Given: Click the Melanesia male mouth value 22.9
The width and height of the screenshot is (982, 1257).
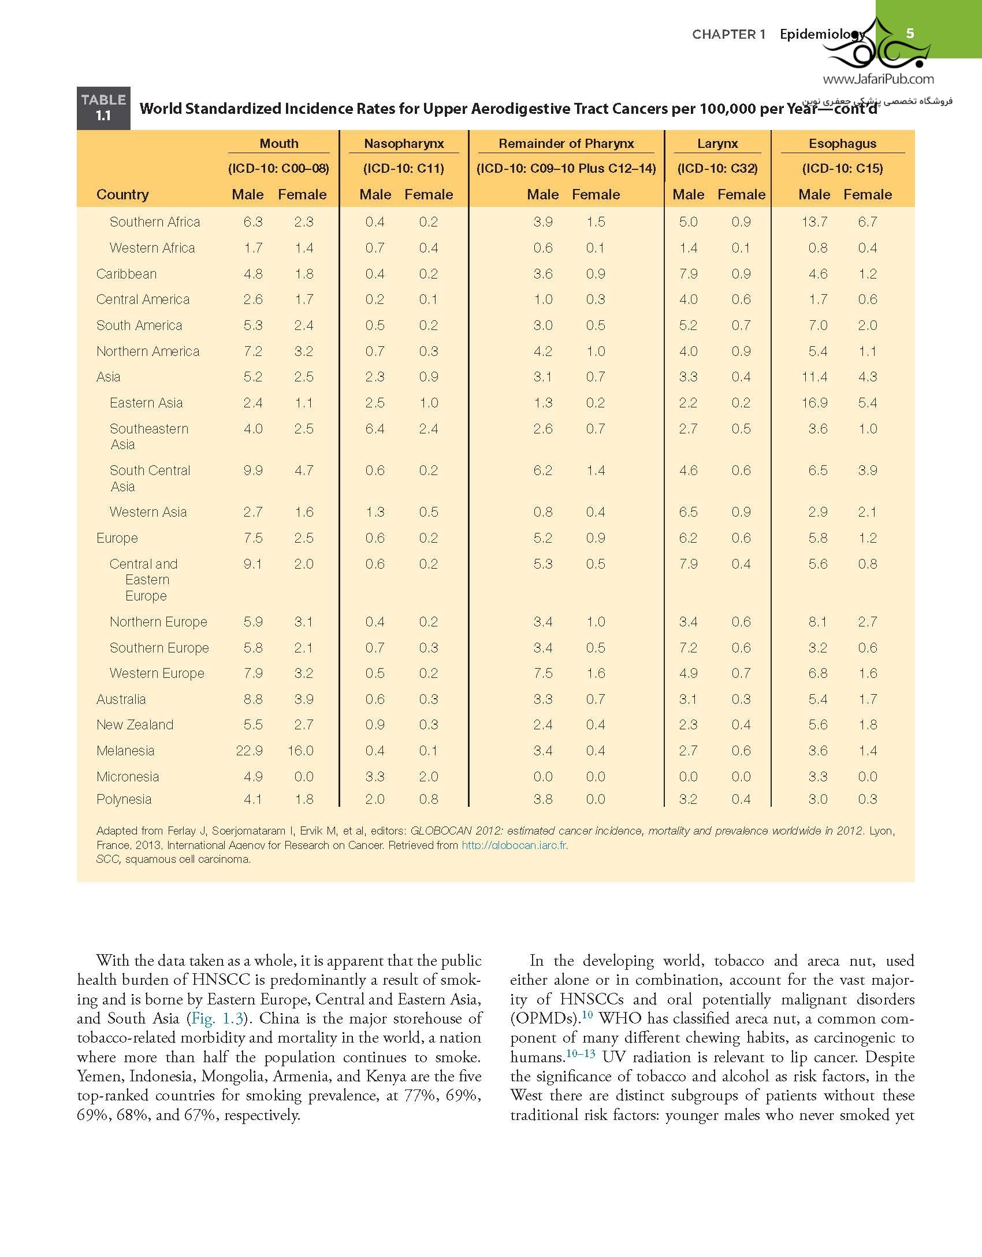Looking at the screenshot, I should pyautogui.click(x=249, y=751).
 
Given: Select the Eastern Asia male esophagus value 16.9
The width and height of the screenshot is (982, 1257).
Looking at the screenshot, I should pyautogui.click(x=814, y=403).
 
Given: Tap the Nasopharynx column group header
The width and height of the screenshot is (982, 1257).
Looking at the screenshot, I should pyautogui.click(x=404, y=143).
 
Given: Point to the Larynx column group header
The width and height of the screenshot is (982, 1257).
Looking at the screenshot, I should pyautogui.click(x=717, y=143).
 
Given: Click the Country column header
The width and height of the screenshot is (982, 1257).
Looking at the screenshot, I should pyautogui.click(x=122, y=195).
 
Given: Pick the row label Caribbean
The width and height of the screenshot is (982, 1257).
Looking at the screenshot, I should pyautogui.click(x=127, y=274).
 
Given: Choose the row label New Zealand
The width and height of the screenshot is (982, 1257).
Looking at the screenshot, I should pyautogui.click(x=135, y=725).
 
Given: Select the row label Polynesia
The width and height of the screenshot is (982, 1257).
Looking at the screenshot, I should pyautogui.click(x=124, y=799).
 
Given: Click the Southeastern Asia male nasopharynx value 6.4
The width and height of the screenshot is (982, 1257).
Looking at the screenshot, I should pyautogui.click(x=375, y=429).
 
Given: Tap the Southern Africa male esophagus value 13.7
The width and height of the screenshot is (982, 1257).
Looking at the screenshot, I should pyautogui.click(x=814, y=222).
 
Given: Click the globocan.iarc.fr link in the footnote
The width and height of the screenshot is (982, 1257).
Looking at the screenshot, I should pyautogui.click(x=514, y=846).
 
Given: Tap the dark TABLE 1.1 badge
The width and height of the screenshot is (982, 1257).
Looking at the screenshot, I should pyautogui.click(x=103, y=108).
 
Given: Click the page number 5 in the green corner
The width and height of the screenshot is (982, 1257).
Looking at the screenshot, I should pyautogui.click(x=910, y=33).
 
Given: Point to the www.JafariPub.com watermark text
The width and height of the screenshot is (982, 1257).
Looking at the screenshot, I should pyautogui.click(x=878, y=79).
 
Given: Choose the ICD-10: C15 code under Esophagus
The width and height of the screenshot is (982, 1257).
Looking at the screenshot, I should pyautogui.click(x=842, y=169).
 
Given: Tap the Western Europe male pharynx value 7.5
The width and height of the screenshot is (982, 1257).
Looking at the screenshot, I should pyautogui.click(x=543, y=673).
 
